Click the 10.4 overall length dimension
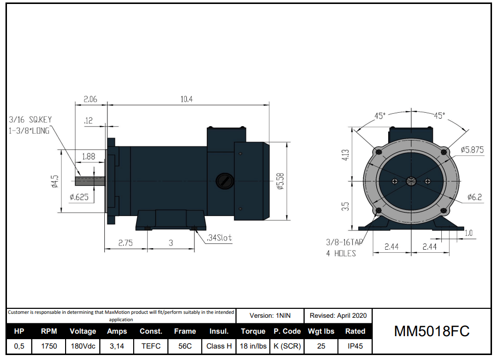pos(186,99)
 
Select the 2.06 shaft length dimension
pos(90,99)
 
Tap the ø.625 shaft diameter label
pos(79,197)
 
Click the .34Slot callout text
pos(219,238)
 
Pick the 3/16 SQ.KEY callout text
pos(30,120)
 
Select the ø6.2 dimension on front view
pos(475,197)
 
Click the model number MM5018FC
pos(431,331)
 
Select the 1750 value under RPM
pos(49,346)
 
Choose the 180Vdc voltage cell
pos(82,346)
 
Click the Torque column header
pos(253,331)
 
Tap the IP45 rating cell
pos(355,346)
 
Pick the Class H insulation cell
pos(219,346)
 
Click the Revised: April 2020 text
pos(338,315)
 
